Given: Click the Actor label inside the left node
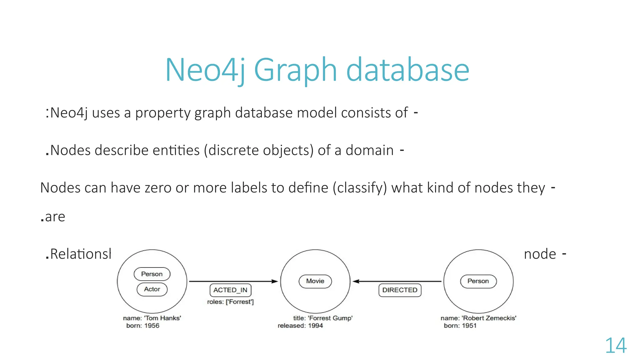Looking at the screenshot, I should click(152, 289).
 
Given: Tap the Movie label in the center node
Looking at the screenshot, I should click(315, 281).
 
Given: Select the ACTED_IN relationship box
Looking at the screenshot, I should click(230, 290).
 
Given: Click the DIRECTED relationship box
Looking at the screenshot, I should click(400, 290).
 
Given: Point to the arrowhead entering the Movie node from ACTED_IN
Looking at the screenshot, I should click(275, 281).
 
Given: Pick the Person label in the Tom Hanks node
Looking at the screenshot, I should click(152, 274).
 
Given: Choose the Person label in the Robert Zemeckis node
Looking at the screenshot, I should click(478, 281).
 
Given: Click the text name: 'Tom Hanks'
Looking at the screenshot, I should click(152, 318).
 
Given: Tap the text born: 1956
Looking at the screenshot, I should click(143, 326).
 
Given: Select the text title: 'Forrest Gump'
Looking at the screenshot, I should click(323, 318).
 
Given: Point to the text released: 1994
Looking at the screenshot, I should click(300, 326).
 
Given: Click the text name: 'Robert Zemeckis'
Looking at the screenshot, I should click(478, 318).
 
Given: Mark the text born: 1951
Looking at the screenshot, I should click(460, 326).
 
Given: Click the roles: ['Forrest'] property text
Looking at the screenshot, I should click(230, 302).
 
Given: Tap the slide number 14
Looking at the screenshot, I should click(616, 346).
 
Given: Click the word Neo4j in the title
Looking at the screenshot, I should click(205, 70).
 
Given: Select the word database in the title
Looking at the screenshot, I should click(407, 70).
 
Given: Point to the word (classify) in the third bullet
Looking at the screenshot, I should click(360, 188).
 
